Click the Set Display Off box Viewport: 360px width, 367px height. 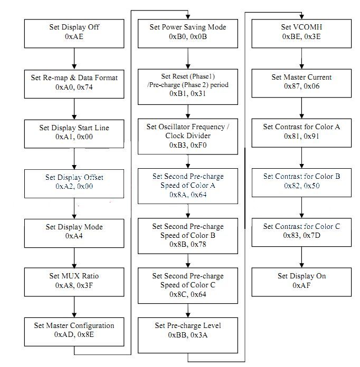(x=74, y=34)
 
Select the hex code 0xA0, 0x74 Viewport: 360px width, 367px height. (x=74, y=87)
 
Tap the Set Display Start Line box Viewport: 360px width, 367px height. (x=74, y=134)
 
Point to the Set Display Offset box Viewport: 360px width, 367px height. (x=74, y=183)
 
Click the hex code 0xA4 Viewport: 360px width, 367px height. (x=74, y=236)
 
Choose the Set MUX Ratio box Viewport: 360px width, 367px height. (x=74, y=282)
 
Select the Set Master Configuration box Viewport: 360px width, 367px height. (x=74, y=332)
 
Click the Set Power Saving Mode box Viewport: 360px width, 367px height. (x=188, y=34)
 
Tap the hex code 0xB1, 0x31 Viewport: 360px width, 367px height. (x=188, y=94)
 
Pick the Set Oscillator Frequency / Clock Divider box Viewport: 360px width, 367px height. (x=188, y=137)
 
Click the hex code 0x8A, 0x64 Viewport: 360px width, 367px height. (x=188, y=195)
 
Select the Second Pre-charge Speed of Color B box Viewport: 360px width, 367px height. (x=188, y=236)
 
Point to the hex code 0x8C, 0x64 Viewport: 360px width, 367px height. (x=188, y=294)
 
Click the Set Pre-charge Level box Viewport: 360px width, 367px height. (x=188, y=335)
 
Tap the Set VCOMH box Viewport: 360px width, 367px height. (x=301, y=34)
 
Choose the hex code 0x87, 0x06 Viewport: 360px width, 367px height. (x=301, y=86)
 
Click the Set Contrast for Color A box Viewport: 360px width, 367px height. (x=301, y=133)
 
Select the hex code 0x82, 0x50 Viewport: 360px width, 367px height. (x=301, y=186)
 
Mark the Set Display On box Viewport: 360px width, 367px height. (x=301, y=282)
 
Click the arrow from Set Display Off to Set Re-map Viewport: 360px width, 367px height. (x=74, y=59)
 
